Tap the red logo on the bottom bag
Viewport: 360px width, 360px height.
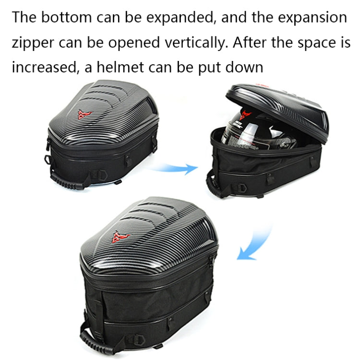point(119,236)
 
